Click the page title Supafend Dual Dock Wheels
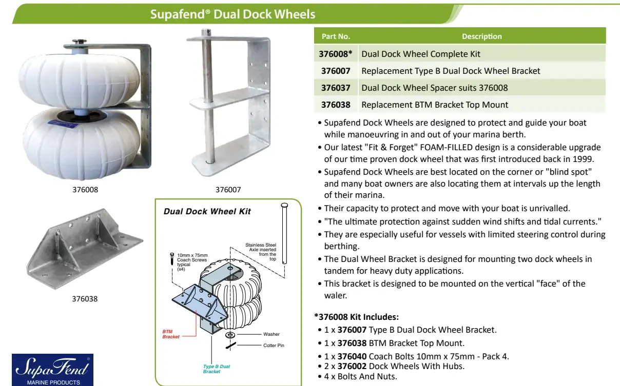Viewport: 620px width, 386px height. point(232,13)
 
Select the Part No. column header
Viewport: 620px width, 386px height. point(336,36)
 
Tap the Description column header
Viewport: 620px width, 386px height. point(481,36)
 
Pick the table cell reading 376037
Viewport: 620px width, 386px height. point(336,88)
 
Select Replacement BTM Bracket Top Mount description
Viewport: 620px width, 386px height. point(435,105)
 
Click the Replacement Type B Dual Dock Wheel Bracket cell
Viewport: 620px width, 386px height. point(451,71)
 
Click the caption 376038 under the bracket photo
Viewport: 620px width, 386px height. point(85,298)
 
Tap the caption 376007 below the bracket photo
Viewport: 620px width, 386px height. point(228,190)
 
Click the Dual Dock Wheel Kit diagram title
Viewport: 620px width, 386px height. point(207,212)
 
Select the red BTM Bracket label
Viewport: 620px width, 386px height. point(171,334)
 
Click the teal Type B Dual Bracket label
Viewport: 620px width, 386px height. point(216,369)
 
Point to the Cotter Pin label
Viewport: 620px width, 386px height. point(274,346)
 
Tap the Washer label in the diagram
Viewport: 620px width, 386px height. point(272,334)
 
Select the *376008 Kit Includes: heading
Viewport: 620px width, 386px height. point(356,317)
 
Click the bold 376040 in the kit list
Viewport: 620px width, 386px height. point(352,356)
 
